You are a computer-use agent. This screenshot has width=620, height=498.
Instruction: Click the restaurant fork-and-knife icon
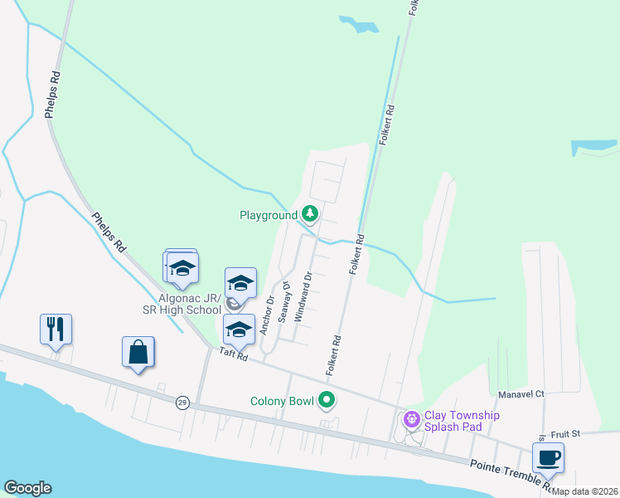tap(56, 330)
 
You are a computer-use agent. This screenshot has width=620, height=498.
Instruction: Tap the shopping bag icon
tap(138, 352)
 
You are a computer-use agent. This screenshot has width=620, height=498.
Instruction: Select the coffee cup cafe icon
tap(547, 457)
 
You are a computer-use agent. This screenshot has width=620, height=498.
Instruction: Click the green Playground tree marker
tap(310, 215)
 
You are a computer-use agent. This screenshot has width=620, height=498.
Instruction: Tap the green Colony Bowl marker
tap(327, 401)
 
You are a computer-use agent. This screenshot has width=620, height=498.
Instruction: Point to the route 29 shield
tap(181, 403)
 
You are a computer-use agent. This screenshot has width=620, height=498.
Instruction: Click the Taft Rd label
tap(234, 354)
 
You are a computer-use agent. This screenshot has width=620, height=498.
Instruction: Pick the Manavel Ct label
tap(521, 394)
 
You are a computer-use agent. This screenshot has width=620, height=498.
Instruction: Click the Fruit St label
tap(568, 432)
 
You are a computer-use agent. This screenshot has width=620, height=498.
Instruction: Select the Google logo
tap(27, 488)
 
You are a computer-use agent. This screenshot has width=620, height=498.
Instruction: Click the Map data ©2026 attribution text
tap(586, 491)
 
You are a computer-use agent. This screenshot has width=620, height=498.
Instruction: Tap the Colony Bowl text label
tap(282, 402)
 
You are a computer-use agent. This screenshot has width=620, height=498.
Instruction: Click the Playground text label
tap(268, 216)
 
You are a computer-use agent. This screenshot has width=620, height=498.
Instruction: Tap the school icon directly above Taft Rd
tap(239, 330)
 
